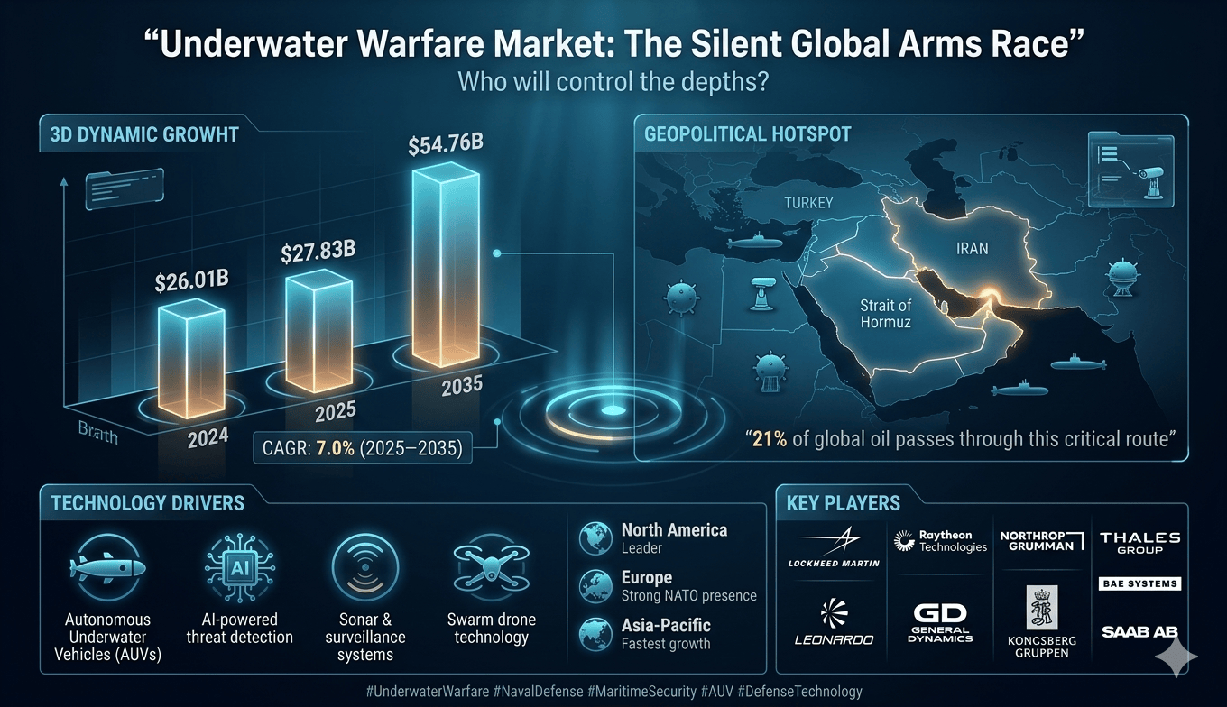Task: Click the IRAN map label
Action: [972, 248]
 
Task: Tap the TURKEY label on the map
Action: [808, 203]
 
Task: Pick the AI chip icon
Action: [239, 567]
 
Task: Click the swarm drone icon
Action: [492, 568]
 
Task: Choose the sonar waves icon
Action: [364, 567]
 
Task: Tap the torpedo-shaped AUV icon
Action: [107, 567]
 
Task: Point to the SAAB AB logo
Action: [1139, 631]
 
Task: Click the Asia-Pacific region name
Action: [666, 625]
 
